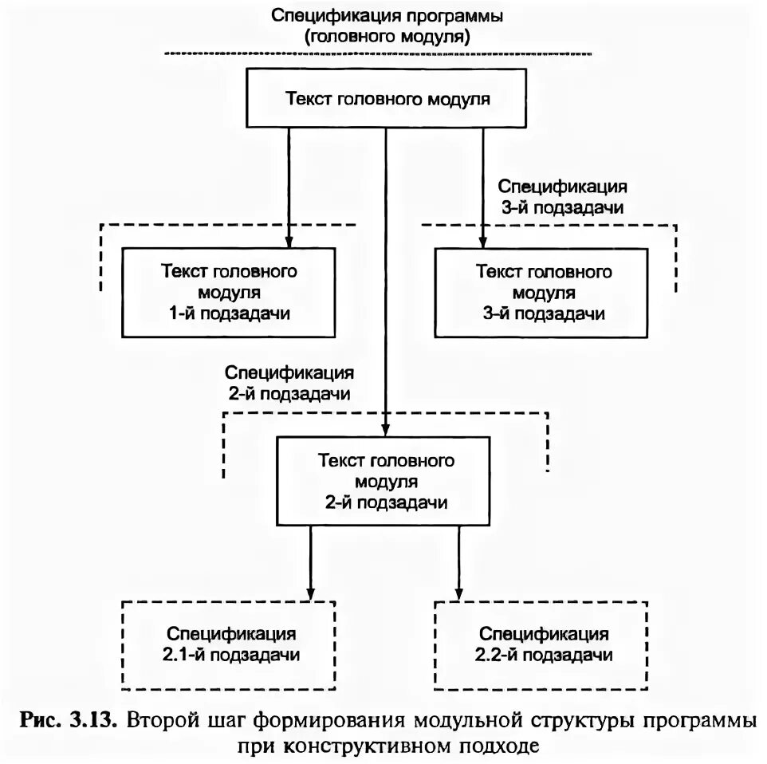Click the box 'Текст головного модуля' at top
[387, 99]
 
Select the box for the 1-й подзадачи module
[228, 292]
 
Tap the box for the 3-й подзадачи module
[544, 292]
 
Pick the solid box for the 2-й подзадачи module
[387, 482]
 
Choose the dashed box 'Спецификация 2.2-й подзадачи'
[544, 644]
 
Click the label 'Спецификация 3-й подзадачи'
[562, 196]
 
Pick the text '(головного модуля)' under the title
[387, 36]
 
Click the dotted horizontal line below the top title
[378, 53]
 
